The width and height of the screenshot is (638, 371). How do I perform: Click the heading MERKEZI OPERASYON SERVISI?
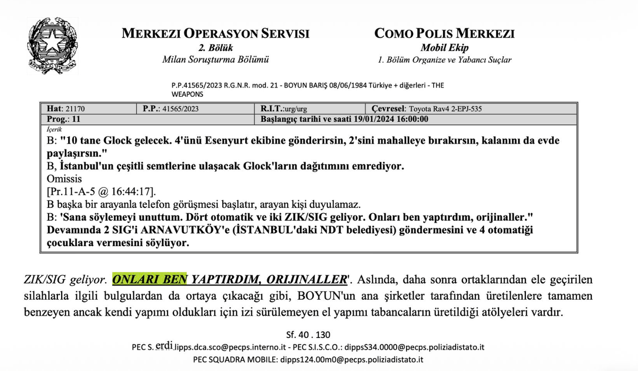point(215,34)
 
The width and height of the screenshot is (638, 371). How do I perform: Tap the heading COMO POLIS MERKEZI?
point(444,34)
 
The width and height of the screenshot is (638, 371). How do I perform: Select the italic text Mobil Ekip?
point(444,48)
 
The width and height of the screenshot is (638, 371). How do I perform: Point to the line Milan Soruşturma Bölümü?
point(215,60)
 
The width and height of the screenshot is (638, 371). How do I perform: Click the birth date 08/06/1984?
point(332,85)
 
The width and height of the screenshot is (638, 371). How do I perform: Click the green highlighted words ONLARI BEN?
point(150,279)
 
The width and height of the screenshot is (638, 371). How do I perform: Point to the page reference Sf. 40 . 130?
point(308,335)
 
